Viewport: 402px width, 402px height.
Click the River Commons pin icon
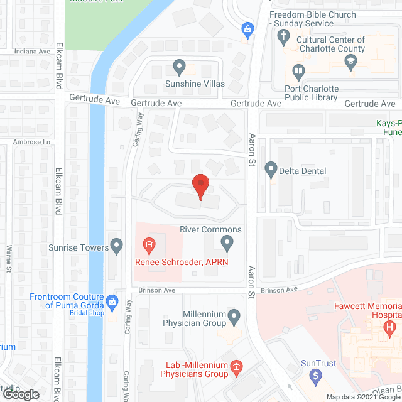click(x=227, y=242)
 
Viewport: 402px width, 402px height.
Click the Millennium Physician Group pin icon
click(x=234, y=316)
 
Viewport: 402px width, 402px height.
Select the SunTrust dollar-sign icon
click(x=317, y=376)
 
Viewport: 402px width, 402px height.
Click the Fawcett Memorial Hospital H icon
click(x=390, y=327)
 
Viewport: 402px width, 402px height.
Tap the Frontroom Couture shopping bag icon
click(x=112, y=301)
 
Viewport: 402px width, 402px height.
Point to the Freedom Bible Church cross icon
click(x=283, y=36)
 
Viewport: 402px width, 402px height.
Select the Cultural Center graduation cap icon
click(x=350, y=61)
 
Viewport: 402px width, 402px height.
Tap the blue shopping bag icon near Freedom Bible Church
click(x=248, y=28)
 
